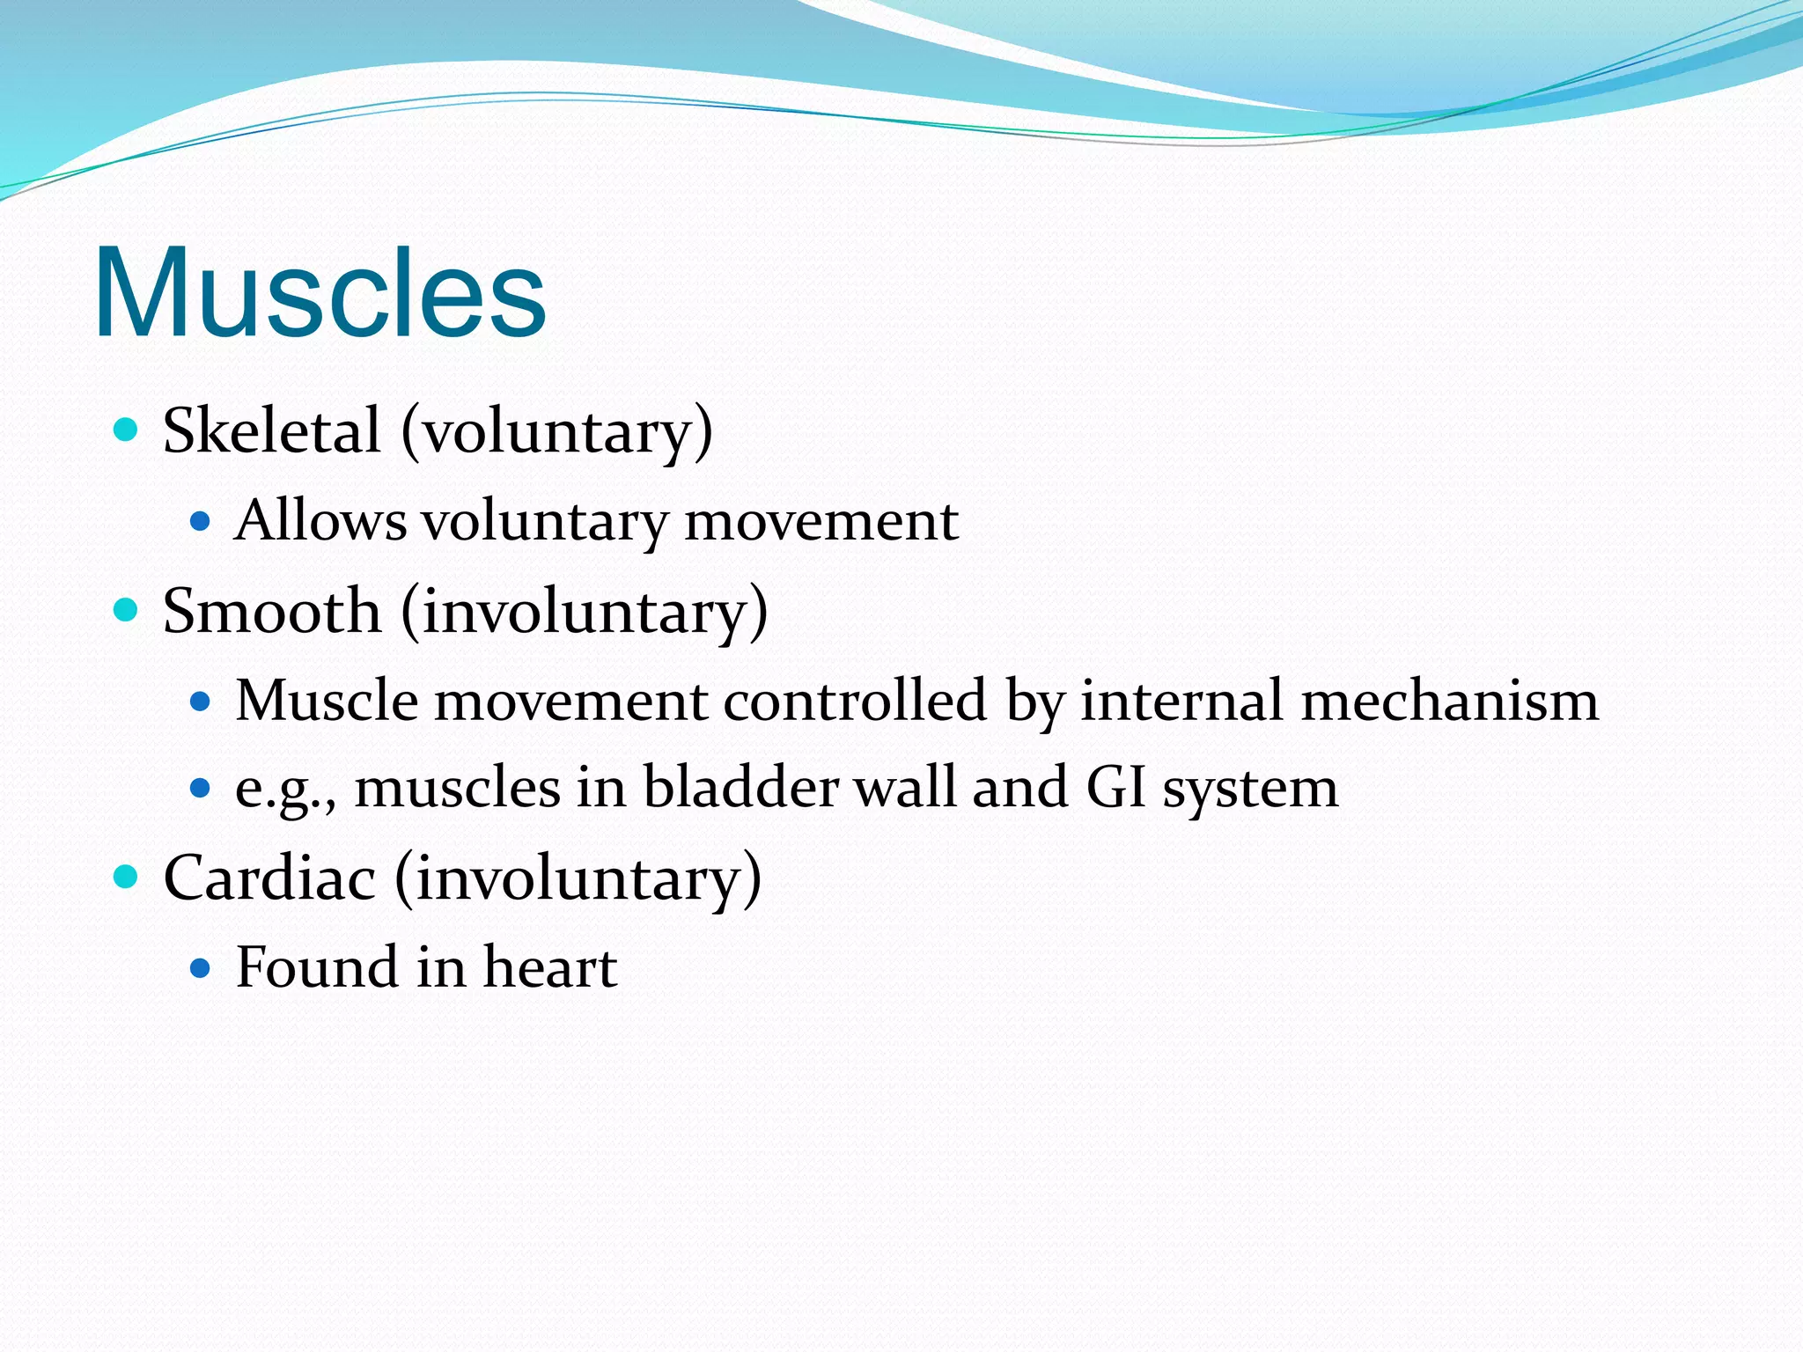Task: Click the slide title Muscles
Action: (320, 292)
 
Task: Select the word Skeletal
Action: (272, 431)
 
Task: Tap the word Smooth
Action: (272, 611)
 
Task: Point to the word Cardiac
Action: (269, 878)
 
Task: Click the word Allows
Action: (321, 521)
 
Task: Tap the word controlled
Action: (855, 702)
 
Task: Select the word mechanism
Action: (1449, 702)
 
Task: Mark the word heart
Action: (550, 967)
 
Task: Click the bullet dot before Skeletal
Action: (127, 430)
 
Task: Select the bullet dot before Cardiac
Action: (127, 877)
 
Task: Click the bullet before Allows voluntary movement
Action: (201, 522)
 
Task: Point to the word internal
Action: (1181, 702)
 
